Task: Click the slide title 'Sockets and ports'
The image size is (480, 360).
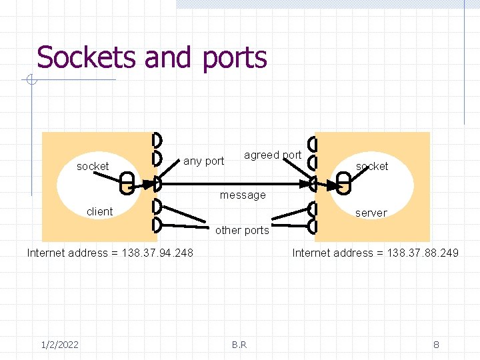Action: click(152, 58)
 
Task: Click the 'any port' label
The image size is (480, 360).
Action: click(203, 161)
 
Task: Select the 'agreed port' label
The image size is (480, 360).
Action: click(273, 155)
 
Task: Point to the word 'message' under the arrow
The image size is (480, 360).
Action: click(243, 195)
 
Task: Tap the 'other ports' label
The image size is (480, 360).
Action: click(242, 230)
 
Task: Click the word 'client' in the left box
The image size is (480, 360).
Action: click(99, 211)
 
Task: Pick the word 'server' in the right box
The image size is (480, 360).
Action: click(371, 213)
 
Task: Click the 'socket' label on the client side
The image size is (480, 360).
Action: click(93, 166)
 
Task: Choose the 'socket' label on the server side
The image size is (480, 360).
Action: click(371, 166)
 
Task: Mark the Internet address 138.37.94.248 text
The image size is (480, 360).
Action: click(110, 253)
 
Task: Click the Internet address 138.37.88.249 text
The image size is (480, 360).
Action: click(375, 253)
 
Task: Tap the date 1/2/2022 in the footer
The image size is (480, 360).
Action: click(59, 344)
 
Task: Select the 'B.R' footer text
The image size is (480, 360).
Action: click(239, 344)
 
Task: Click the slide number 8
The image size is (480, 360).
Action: click(436, 344)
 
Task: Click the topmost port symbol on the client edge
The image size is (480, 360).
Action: click(157, 140)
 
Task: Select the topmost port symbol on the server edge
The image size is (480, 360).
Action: click(313, 144)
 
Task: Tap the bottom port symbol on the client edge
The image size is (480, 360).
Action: click(157, 224)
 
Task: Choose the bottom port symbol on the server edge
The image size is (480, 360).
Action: click(313, 225)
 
